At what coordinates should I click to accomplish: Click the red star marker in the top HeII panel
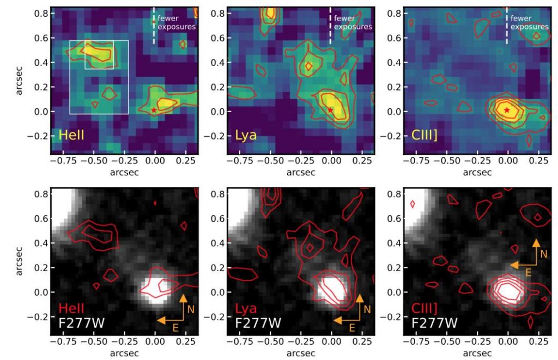click(154, 110)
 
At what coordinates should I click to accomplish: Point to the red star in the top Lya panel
click(331, 110)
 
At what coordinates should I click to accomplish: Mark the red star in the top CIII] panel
click(507, 110)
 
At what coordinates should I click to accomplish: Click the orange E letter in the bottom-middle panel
click(352, 327)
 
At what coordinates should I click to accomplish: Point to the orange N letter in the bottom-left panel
click(192, 309)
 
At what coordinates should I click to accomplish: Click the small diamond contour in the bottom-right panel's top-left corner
click(412, 204)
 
